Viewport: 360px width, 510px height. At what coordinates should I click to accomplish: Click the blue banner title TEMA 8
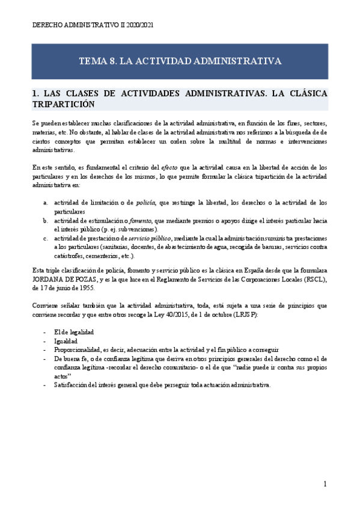180,61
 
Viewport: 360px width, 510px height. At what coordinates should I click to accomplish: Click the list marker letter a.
46,203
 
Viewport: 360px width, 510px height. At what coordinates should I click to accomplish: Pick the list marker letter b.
46,221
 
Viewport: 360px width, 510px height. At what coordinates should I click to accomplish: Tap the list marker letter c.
46,238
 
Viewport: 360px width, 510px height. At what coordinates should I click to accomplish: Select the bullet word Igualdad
66,342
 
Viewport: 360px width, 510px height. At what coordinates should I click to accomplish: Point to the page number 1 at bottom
325,484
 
